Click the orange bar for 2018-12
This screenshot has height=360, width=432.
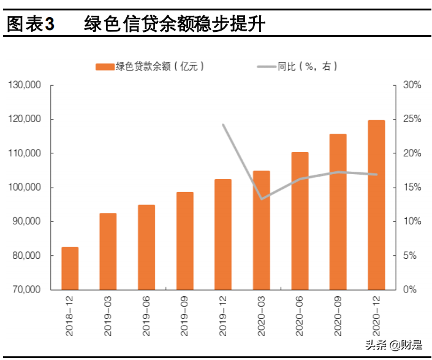tap(70, 268)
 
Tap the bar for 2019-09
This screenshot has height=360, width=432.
tap(184, 241)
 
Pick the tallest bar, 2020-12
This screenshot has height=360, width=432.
tap(376, 205)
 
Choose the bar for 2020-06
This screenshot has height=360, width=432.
tap(300, 221)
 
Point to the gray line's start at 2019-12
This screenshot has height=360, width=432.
tap(223, 124)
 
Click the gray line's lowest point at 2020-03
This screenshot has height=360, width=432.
tap(262, 199)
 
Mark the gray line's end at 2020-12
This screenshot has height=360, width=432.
tap(376, 174)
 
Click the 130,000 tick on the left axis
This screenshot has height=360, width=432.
tap(25, 85)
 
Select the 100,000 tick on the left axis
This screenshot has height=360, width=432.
tap(25, 188)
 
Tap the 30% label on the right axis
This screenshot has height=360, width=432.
tap(412, 85)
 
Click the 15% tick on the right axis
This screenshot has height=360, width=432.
tap(412, 188)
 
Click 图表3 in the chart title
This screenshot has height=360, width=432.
tap(30, 25)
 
